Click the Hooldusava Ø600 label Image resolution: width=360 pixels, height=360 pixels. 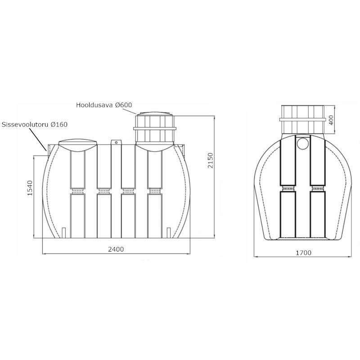[x=104, y=105]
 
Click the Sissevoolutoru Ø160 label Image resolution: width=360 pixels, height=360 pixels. [x=35, y=125]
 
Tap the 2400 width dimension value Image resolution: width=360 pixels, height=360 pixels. [x=116, y=249]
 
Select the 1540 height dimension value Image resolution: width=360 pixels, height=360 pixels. [x=30, y=188]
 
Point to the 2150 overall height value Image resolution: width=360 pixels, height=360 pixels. [x=210, y=160]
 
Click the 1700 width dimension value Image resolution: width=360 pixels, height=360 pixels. [x=303, y=253]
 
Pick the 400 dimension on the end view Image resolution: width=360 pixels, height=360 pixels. [x=331, y=120]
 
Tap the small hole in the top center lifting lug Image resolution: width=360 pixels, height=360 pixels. [x=116, y=143]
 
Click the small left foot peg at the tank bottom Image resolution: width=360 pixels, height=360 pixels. [x=64, y=233]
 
